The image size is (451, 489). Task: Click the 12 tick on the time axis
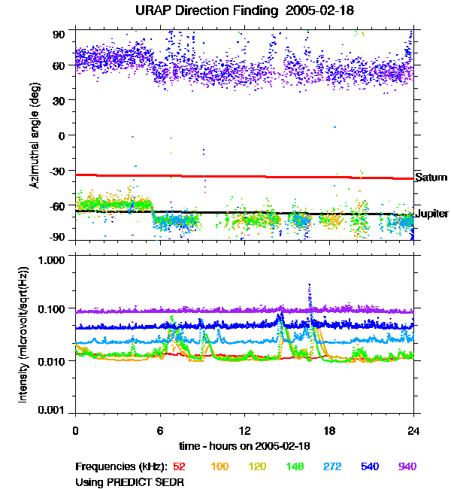(244, 431)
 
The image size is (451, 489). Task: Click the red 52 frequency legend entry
(180, 466)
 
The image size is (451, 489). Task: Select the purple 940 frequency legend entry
(407, 466)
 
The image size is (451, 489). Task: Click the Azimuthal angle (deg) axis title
(35, 135)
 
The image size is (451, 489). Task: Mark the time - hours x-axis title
(244, 447)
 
